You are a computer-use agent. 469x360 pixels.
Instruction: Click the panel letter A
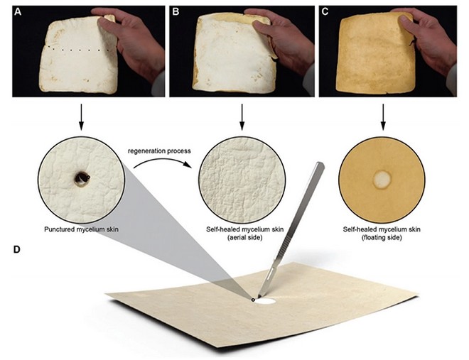(18, 12)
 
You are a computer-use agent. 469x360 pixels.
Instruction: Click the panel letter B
(176, 12)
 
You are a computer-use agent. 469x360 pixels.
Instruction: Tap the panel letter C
(325, 12)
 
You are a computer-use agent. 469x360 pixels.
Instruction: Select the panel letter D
(17, 249)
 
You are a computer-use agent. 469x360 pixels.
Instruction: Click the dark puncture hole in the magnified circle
(81, 178)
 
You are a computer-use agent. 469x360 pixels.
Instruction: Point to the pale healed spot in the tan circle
(382, 179)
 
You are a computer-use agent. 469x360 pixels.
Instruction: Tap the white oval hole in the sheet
(266, 301)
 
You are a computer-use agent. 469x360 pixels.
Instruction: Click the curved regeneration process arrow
(162, 161)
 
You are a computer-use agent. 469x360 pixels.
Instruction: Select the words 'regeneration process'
(159, 151)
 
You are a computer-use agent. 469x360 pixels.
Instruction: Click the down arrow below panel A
(81, 117)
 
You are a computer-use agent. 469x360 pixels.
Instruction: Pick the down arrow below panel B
(242, 117)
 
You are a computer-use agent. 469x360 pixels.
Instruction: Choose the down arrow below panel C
(383, 117)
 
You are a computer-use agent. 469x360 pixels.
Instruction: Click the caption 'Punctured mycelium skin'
(81, 229)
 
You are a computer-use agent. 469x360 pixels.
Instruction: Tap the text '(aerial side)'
(244, 237)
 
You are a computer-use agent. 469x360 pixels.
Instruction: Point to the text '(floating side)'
(382, 237)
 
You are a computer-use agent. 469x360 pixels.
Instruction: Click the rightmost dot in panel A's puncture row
(99, 50)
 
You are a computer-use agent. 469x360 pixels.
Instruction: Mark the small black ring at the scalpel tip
(254, 300)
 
